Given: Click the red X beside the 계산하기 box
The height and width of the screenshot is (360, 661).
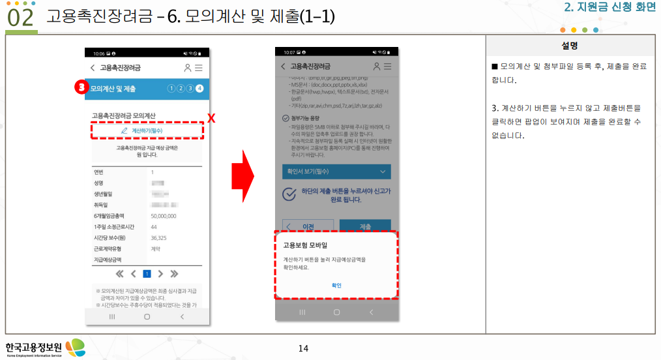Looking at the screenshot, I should (x=211, y=117).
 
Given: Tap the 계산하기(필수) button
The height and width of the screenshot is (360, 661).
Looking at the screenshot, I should (x=147, y=130).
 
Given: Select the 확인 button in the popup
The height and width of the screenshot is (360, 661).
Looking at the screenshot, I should (x=336, y=285).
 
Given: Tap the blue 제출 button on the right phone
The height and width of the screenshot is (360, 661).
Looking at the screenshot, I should (x=365, y=226).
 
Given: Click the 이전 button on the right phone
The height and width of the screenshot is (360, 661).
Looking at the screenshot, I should (x=304, y=226).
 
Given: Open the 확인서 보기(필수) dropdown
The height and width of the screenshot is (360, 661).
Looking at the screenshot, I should (x=335, y=172).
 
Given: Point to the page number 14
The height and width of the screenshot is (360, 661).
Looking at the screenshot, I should (x=303, y=348).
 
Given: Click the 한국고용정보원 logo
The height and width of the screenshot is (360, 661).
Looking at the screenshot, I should (x=44, y=348).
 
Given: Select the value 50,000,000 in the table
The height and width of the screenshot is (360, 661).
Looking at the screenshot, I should (x=163, y=215).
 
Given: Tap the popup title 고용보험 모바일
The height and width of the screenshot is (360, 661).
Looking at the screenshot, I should (x=305, y=245).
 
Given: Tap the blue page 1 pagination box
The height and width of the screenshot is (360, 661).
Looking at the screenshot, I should (x=147, y=274).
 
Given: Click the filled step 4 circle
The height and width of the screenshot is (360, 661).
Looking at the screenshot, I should (x=199, y=88).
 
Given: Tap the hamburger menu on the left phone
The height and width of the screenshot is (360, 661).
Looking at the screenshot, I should (x=199, y=67).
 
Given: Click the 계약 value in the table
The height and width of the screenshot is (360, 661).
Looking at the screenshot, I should (x=155, y=248).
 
